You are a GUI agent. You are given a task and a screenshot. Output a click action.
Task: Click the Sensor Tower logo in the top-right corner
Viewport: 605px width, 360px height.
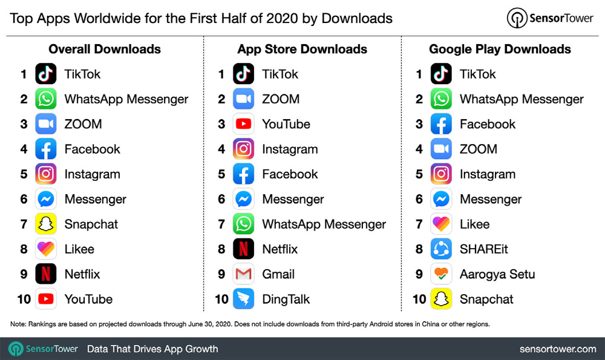pyautogui.click(x=550, y=18)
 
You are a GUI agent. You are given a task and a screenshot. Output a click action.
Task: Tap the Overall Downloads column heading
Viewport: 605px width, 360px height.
pyautogui.click(x=105, y=49)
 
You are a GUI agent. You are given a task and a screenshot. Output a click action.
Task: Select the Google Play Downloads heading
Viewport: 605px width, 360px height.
pyautogui.click(x=500, y=49)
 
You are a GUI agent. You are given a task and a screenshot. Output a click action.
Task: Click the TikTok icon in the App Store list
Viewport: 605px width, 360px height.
pyautogui.click(x=243, y=74)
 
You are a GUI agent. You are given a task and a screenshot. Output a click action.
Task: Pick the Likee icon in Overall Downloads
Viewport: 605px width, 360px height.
pyautogui.click(x=46, y=249)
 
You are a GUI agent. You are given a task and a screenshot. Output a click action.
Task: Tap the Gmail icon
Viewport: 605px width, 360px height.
pyautogui.click(x=243, y=274)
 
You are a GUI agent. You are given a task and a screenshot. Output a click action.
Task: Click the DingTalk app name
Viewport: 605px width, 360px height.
pyautogui.click(x=286, y=299)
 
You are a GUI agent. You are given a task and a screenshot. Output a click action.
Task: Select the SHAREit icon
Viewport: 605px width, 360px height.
pyautogui.click(x=441, y=249)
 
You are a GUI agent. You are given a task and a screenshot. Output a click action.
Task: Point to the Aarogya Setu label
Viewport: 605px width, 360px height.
pyautogui.click(x=497, y=274)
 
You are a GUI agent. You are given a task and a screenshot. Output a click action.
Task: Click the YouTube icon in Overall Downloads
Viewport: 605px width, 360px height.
pyautogui.click(x=46, y=299)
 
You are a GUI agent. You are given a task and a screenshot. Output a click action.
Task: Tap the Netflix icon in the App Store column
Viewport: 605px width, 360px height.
pyautogui.click(x=243, y=249)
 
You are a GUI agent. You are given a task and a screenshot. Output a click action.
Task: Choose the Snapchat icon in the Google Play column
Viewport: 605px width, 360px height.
pyautogui.click(x=441, y=299)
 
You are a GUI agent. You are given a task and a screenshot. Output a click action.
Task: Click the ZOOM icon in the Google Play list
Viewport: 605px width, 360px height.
pyautogui.click(x=441, y=149)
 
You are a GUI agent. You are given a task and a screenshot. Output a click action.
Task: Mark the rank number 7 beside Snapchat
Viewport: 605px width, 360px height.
pyautogui.click(x=24, y=224)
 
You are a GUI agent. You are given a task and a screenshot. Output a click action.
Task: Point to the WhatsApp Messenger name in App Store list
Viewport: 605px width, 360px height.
pyautogui.click(x=324, y=224)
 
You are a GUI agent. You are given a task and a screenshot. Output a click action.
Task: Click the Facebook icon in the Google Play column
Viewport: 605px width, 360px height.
pyautogui.click(x=441, y=125)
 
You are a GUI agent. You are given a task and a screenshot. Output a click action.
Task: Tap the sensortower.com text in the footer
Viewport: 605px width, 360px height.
pyautogui.click(x=557, y=349)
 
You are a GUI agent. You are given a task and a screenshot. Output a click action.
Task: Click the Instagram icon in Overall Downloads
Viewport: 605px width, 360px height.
pyautogui.click(x=46, y=174)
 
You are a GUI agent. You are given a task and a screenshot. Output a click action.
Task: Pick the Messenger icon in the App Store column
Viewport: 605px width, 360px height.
pyautogui.click(x=243, y=199)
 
